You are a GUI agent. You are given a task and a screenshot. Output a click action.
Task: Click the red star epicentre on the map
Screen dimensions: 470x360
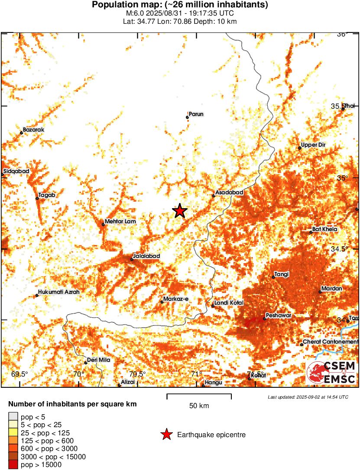[x=179, y=211]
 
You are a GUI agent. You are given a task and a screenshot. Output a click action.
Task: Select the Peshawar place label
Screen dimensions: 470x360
[x=279, y=315]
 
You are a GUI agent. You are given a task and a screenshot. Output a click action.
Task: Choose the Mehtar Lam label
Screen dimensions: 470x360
[x=120, y=222]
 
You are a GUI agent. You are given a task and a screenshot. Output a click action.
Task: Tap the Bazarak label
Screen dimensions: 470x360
[x=34, y=129]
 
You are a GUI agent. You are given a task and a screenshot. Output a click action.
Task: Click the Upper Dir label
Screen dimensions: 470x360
[x=313, y=145]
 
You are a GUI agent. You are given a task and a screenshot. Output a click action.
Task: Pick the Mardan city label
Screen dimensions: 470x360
[x=332, y=289]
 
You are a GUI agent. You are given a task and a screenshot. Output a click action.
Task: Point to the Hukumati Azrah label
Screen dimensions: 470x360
[x=59, y=292]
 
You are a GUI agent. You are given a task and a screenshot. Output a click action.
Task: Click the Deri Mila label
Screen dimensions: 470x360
[x=99, y=360]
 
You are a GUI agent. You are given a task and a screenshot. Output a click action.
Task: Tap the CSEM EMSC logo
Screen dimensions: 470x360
[x=331, y=373]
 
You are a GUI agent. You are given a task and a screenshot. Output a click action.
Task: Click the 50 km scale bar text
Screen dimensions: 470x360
[x=199, y=406]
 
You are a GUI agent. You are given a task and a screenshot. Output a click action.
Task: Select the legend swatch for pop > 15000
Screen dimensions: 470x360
[x=13, y=464]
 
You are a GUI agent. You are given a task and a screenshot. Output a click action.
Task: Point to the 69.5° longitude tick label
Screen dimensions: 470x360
[x=19, y=374]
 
